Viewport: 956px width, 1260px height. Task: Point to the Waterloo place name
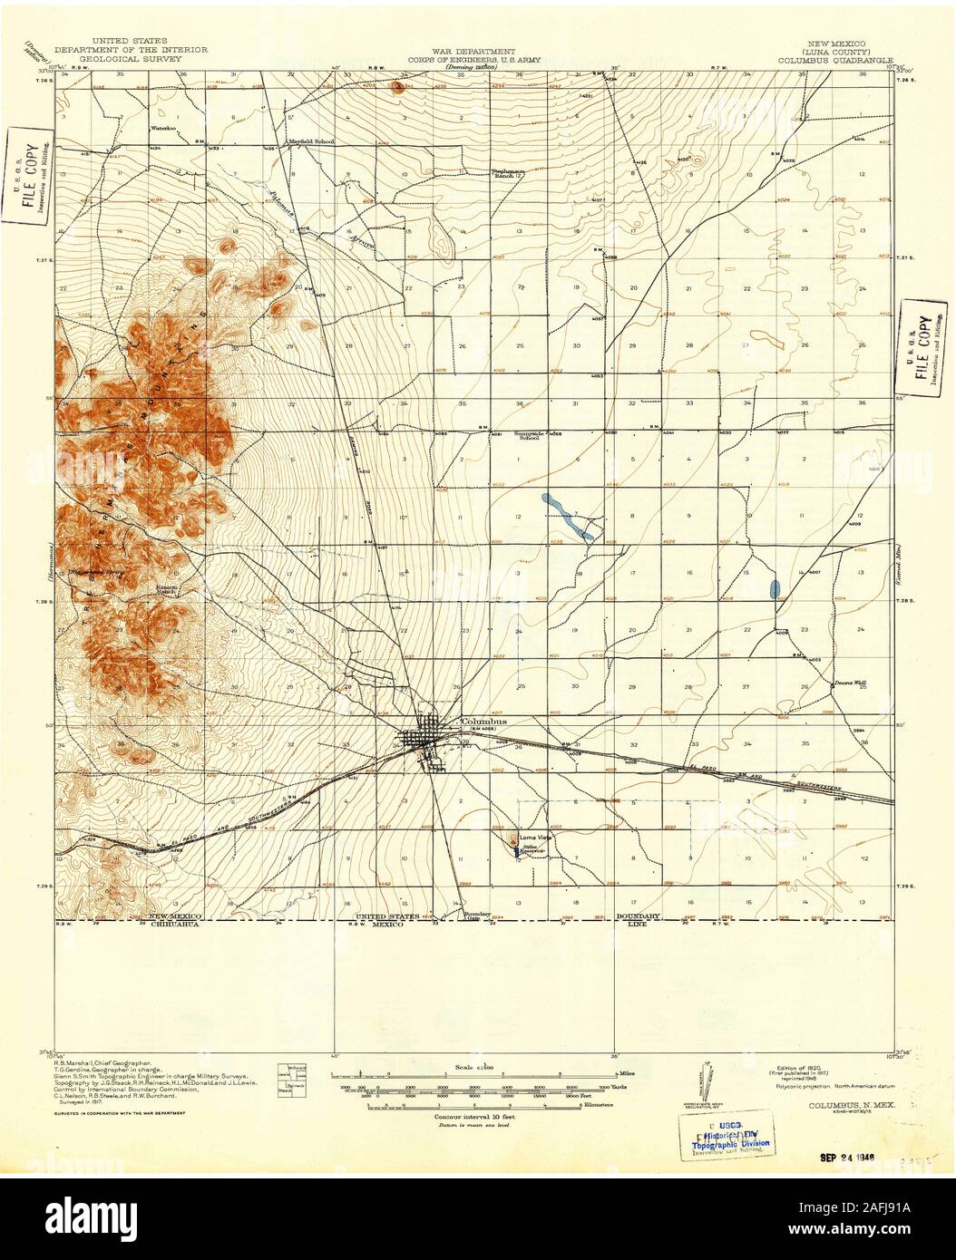pyautogui.click(x=162, y=129)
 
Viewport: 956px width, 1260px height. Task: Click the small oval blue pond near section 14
pyautogui.click(x=774, y=588)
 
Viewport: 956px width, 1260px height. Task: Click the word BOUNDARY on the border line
pyautogui.click(x=639, y=916)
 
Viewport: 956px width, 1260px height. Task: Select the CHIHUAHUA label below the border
pyautogui.click(x=172, y=926)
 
